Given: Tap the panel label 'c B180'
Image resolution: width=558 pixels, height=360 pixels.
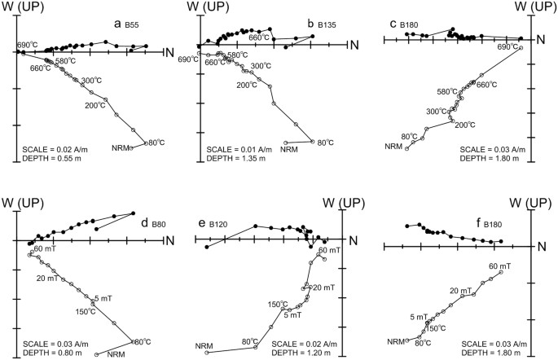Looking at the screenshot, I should click(x=406, y=24).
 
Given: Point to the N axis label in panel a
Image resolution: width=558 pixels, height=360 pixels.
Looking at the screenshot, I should click(x=169, y=53).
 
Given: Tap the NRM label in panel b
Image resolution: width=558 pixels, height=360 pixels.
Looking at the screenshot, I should click(x=288, y=149).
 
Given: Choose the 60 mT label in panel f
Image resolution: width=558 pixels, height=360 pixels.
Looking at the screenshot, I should click(x=499, y=266).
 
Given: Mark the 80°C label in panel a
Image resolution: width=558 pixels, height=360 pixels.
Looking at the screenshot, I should click(x=156, y=143).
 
